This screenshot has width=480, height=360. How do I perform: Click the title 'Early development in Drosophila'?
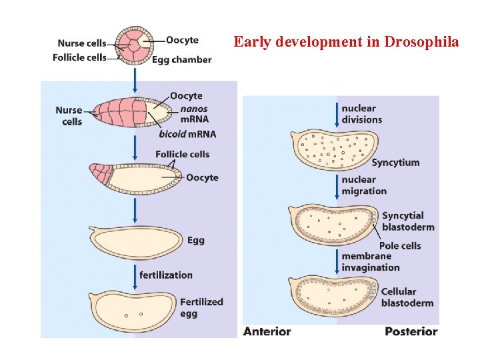pos(346,42)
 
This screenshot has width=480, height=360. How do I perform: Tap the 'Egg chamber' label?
pos(181,59)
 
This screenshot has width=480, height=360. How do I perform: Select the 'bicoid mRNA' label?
pos(187,134)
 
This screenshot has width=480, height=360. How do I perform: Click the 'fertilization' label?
pos(165,275)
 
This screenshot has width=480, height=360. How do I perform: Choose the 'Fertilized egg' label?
pos(201,307)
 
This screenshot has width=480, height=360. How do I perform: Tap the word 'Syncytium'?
pos(395,163)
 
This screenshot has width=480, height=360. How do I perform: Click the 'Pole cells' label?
pos(399,246)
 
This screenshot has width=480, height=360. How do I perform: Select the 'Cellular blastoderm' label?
pos(407,297)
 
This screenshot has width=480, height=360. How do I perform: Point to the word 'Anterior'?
pos(267,331)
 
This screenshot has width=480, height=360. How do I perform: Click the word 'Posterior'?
pos(411,331)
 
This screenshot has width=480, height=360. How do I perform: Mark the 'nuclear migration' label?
pos(363,185)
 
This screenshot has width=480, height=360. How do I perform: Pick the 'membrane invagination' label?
pos(370,262)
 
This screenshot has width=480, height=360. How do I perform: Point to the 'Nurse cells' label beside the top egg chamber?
pos(81,44)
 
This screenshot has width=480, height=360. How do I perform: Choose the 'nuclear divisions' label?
pos(361,114)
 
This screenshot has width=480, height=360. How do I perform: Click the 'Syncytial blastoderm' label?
pos(408,221)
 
